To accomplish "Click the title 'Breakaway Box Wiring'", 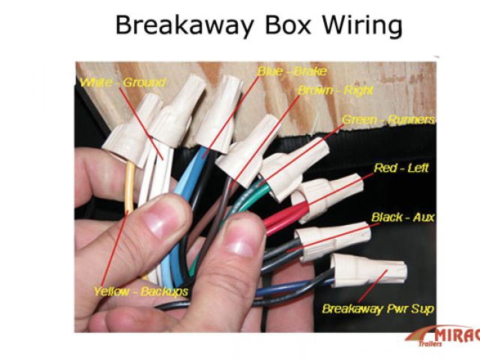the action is (x=258, y=25).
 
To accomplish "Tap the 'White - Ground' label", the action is (x=122, y=82).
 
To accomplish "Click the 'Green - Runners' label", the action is (x=388, y=119).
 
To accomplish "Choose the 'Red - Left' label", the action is (x=401, y=168).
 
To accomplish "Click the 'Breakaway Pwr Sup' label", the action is (x=378, y=308).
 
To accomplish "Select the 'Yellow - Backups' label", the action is (x=141, y=290).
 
